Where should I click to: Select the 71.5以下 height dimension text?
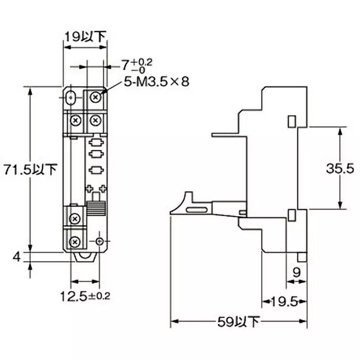tap(29, 169)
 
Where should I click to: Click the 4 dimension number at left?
tap(17, 257)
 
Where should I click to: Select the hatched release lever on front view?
tap(95, 210)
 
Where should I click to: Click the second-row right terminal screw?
tap(95, 120)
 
